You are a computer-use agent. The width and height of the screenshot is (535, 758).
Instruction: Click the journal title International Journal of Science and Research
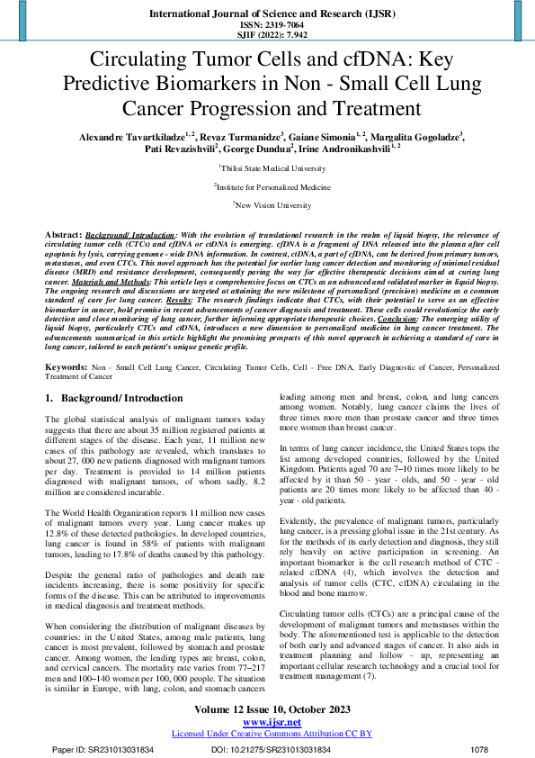coord(267,14)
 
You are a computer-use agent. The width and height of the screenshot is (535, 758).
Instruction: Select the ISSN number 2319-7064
coord(267,25)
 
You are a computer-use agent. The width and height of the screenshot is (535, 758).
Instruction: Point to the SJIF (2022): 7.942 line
coord(267,36)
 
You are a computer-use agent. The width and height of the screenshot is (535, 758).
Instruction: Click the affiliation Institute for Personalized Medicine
coord(267,186)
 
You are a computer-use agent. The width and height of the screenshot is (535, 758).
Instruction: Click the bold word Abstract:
coord(62,234)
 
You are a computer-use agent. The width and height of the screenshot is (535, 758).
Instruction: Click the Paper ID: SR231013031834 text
coord(103,749)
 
